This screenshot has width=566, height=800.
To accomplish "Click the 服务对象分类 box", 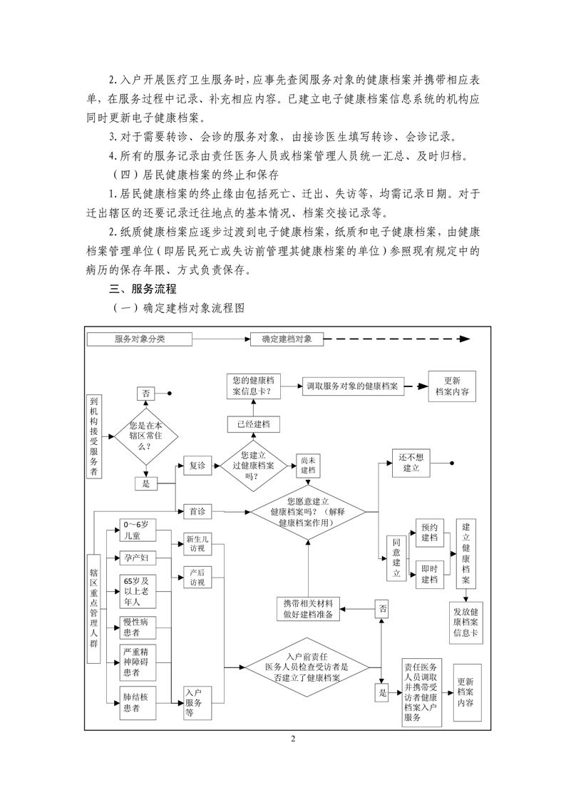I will tap(140, 339).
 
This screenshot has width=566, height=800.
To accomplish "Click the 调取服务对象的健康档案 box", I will tap(351, 386).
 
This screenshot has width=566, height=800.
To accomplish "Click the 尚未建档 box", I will tap(308, 465).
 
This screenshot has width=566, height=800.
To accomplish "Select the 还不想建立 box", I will tap(411, 463).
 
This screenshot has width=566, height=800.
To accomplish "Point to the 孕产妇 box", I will tap(135, 557).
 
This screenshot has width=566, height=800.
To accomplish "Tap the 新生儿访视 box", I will tap(197, 544).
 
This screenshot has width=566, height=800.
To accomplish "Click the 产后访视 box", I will tap(197, 578).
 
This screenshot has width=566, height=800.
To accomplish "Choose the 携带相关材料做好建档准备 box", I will tap(309, 608).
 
